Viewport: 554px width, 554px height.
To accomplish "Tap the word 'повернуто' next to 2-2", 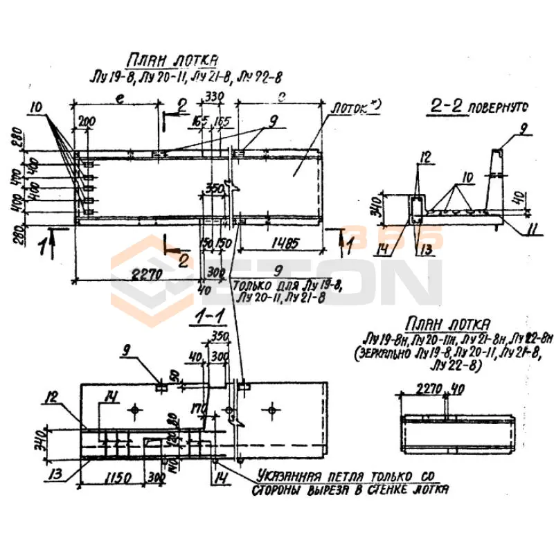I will click(x=498, y=107).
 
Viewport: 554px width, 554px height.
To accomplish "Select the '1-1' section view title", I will click(x=209, y=317).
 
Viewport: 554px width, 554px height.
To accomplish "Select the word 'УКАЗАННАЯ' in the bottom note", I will click(x=292, y=476).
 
